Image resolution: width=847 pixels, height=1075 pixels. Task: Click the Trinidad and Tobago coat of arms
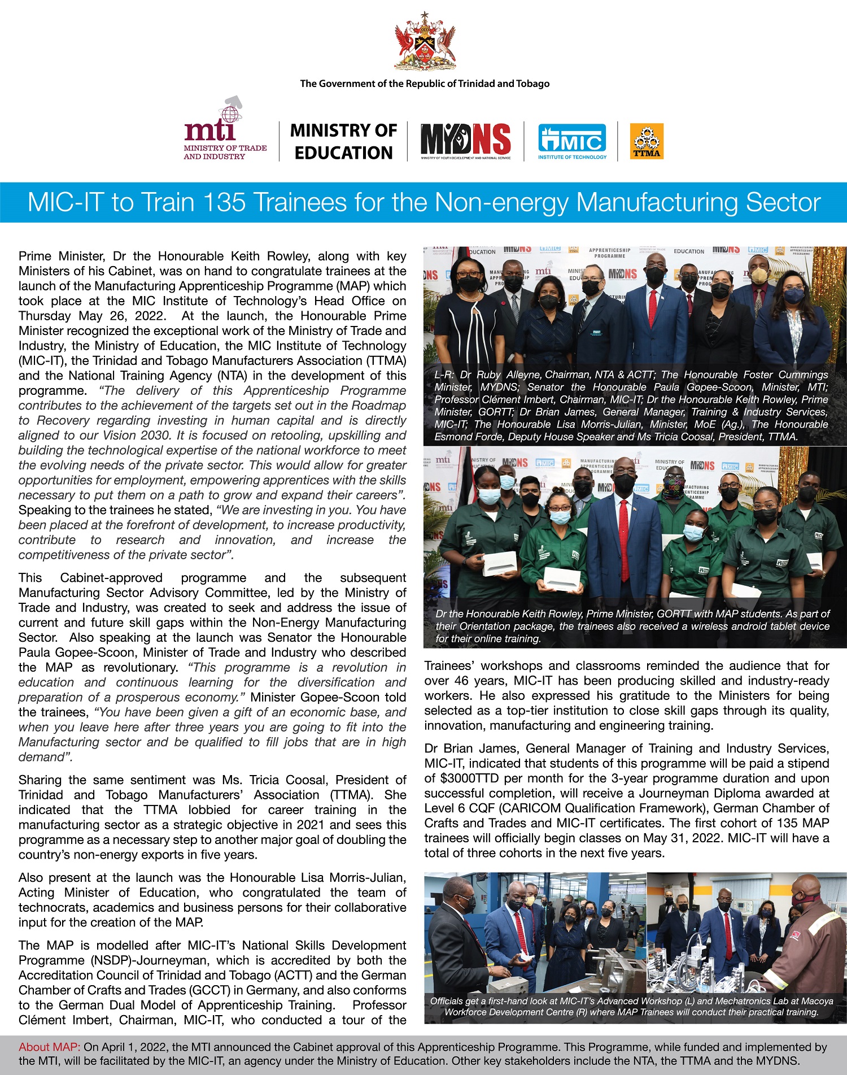click(x=425, y=42)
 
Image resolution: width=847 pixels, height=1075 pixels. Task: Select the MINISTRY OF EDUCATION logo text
click(x=343, y=141)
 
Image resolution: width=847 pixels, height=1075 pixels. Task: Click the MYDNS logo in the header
click(x=465, y=140)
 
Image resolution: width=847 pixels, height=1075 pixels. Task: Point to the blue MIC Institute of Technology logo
click(x=571, y=141)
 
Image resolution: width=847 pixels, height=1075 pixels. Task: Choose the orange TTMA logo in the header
click(x=647, y=141)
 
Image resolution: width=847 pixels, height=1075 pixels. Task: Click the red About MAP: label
click(x=50, y=1047)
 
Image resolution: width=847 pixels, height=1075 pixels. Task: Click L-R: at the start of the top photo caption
click(x=444, y=375)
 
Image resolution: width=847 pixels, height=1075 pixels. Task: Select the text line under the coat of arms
click(x=425, y=84)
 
